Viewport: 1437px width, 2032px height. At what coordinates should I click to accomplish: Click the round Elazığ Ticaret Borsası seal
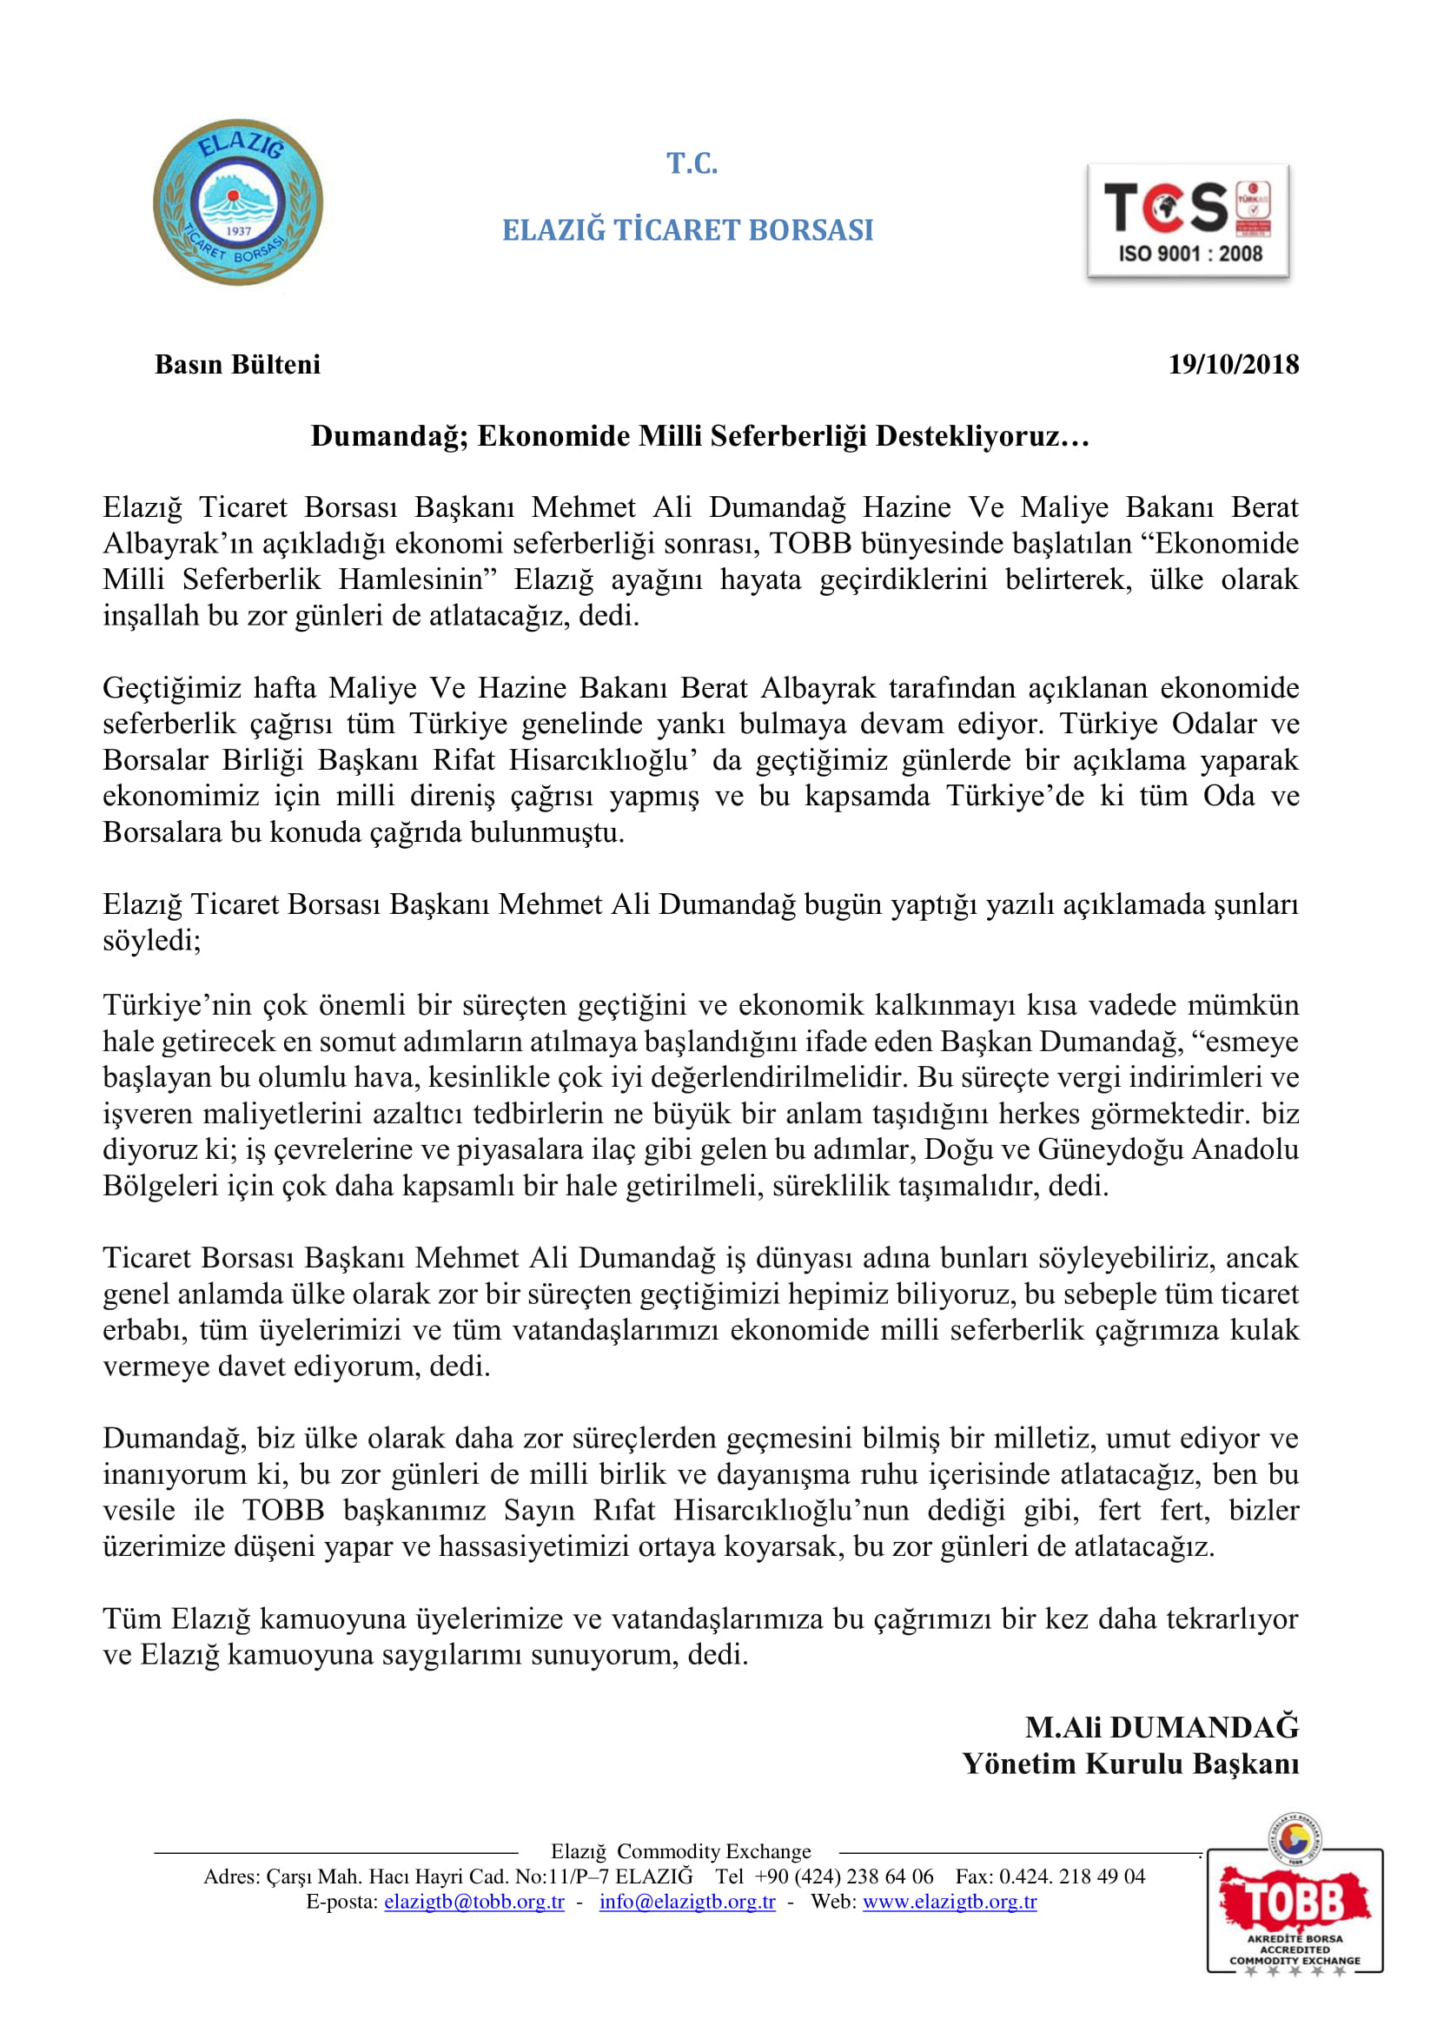click(x=237, y=202)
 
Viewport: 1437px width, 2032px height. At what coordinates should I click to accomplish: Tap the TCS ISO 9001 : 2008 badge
click(x=1188, y=222)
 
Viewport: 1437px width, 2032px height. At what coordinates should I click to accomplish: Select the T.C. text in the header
click(x=692, y=163)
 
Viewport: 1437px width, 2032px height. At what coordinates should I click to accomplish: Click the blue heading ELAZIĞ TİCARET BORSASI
click(x=687, y=230)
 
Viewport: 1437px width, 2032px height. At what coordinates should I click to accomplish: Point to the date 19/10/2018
click(x=1233, y=365)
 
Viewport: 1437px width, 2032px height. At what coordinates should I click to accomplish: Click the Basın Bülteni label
click(x=237, y=365)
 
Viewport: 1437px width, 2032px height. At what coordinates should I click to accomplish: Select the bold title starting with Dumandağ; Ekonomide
click(x=699, y=436)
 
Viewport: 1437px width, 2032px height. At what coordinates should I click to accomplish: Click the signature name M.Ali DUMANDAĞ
click(x=1161, y=1727)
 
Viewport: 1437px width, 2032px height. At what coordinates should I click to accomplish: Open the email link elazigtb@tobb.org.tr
click(x=473, y=1902)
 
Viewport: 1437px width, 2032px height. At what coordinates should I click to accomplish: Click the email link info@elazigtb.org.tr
click(x=686, y=1902)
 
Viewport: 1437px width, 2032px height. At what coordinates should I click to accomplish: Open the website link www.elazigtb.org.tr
click(x=950, y=1902)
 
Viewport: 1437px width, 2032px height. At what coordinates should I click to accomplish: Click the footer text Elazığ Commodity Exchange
click(x=680, y=1851)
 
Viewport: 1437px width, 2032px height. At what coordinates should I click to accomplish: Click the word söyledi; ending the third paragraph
click(x=151, y=940)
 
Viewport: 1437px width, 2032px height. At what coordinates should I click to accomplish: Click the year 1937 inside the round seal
click(x=239, y=231)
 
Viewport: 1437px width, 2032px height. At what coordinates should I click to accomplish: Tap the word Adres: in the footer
click(x=232, y=1876)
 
